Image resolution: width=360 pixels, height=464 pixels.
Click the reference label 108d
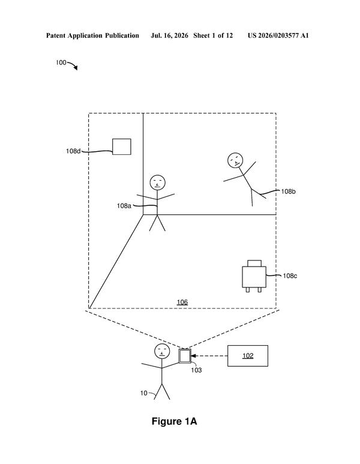click(x=73, y=151)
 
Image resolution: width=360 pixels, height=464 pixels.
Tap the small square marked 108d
click(x=122, y=147)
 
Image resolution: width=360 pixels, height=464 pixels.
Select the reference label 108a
click(x=124, y=206)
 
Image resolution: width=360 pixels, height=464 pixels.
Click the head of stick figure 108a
click(x=157, y=182)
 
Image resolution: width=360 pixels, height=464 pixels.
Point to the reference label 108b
click(x=288, y=191)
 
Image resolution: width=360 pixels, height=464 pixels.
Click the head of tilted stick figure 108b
click(x=235, y=160)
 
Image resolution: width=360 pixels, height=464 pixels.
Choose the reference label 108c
click(x=290, y=276)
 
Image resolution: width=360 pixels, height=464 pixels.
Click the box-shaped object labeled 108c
click(x=254, y=276)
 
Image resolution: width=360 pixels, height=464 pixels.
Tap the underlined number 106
click(x=182, y=302)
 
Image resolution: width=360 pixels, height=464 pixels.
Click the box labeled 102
click(x=248, y=356)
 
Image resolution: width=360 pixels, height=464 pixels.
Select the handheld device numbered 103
click(x=185, y=356)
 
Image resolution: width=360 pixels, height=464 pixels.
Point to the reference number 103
click(x=196, y=370)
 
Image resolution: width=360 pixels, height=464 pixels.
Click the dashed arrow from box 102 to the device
click(x=209, y=356)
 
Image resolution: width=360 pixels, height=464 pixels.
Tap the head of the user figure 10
click(x=162, y=352)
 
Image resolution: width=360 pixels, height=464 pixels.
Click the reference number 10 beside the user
click(x=144, y=393)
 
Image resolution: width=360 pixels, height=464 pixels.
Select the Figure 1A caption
click(x=174, y=421)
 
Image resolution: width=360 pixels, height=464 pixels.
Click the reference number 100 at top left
click(x=61, y=62)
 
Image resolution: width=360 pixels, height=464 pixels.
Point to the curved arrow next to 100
click(x=73, y=65)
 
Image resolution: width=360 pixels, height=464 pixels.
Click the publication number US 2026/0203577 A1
click(x=278, y=36)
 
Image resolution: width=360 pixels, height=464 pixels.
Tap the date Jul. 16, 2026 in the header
click(x=169, y=36)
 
